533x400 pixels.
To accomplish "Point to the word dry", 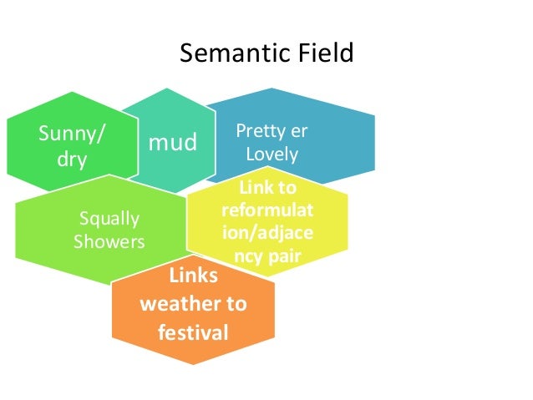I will (72, 159).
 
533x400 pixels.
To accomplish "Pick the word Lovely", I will (272, 155).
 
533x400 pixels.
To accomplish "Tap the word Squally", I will (109, 220).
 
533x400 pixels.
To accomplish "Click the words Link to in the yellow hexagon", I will (267, 189).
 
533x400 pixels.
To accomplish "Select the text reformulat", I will (266, 210).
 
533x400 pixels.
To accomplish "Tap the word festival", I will (193, 333).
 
